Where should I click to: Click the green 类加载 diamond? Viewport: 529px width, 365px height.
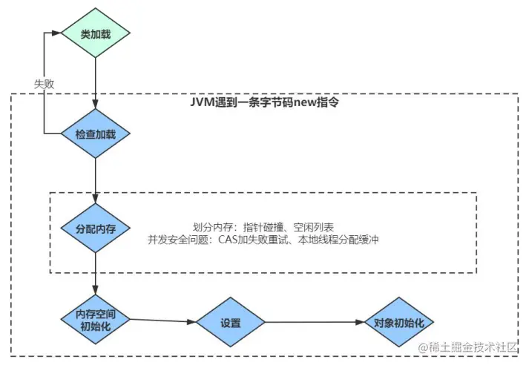pyautogui.click(x=96, y=33)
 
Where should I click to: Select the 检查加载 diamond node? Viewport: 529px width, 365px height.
pyautogui.click(x=96, y=134)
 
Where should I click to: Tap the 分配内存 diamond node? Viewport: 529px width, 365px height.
pyautogui.click(x=96, y=227)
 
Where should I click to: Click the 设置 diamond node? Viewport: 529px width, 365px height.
pyautogui.click(x=231, y=323)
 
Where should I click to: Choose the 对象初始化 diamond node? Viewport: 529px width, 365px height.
pyautogui.click(x=398, y=323)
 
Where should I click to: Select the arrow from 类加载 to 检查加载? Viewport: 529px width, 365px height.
pyautogui.click(x=96, y=82)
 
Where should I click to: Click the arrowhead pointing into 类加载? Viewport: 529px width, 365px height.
pyautogui.click(x=58, y=33)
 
